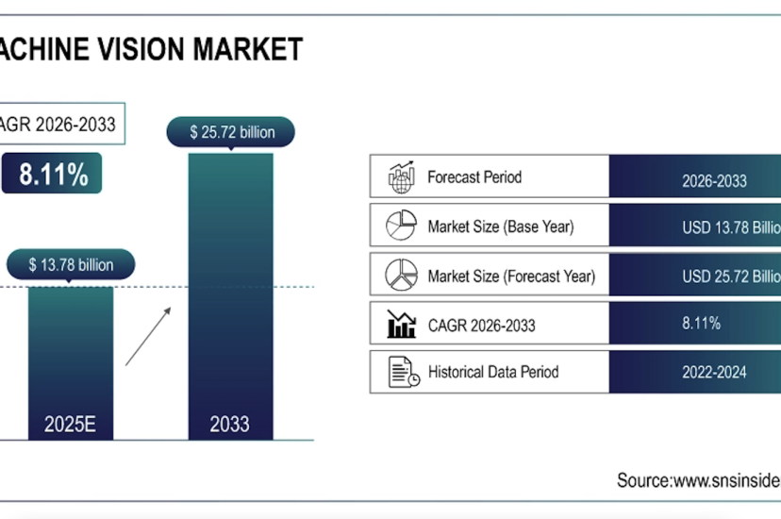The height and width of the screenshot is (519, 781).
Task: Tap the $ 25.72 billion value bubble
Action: [x=230, y=132]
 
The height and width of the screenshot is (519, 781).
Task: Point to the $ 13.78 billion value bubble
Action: [x=71, y=265]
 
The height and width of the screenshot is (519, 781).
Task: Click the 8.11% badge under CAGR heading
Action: [x=53, y=174]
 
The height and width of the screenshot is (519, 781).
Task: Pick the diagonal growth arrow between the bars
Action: [x=149, y=334]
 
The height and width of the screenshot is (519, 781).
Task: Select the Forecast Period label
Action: [x=474, y=177]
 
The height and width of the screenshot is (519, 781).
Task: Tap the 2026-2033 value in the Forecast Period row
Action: [x=714, y=180]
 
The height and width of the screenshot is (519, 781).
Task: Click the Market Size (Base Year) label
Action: [x=500, y=226]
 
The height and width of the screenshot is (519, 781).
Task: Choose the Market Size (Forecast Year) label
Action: [x=511, y=276]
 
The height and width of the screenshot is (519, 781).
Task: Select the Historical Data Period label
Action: [x=492, y=372]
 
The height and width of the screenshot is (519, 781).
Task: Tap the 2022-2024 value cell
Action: [x=714, y=373]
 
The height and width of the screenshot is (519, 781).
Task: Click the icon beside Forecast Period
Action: [x=401, y=176]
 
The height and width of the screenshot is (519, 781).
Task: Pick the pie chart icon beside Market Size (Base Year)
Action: [x=401, y=226]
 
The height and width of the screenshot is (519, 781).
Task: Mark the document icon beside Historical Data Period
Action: [x=403, y=372]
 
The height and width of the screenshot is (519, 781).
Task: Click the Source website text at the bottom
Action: [x=698, y=480]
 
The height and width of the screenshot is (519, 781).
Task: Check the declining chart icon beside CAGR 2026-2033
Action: [x=401, y=324]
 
